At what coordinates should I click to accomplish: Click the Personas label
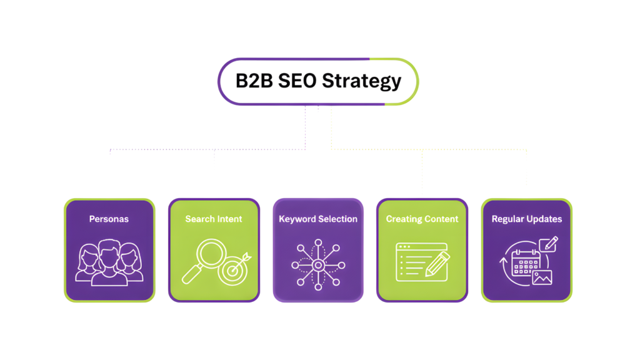click(109, 219)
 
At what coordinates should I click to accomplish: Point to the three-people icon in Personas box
click(109, 262)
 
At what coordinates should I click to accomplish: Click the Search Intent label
click(213, 219)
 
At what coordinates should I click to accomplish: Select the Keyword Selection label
click(318, 219)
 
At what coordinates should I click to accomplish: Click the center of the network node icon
click(317, 265)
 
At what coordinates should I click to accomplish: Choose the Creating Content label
click(422, 219)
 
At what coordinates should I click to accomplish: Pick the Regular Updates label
click(526, 219)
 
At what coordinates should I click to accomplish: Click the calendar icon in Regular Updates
click(525, 264)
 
